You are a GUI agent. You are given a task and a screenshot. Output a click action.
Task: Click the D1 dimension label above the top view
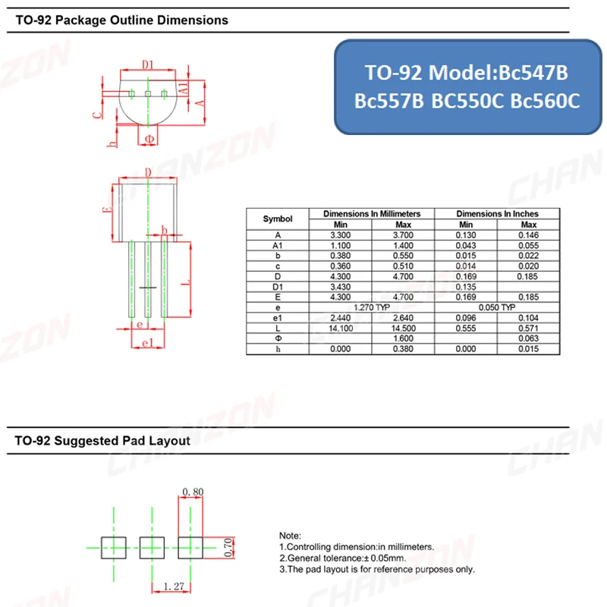pos(148,64)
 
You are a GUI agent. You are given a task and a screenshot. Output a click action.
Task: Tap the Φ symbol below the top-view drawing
pos(149,139)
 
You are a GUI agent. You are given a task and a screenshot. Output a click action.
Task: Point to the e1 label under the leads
pos(148,343)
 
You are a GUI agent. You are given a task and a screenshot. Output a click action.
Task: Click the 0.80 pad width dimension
pos(193,492)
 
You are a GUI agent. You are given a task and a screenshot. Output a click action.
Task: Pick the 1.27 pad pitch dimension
pos(174,586)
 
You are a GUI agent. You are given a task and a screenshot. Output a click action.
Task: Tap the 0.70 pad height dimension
pos(228,547)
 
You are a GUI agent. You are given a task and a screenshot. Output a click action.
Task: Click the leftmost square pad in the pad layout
pos(113,547)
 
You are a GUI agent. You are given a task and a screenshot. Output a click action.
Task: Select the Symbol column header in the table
pos(278,219)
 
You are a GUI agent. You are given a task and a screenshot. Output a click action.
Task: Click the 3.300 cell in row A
pos(340,235)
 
